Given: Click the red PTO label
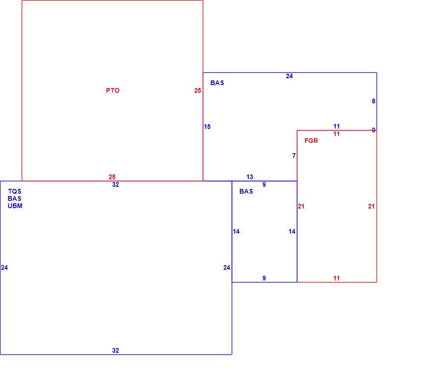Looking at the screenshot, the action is (x=113, y=91).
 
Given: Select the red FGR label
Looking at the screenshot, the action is (x=311, y=140).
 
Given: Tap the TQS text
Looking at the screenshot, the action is (x=14, y=191).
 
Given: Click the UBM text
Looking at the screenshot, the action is (x=15, y=206).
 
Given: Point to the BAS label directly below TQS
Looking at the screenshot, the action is (x=14, y=199).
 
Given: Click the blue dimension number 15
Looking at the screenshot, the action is (x=207, y=127).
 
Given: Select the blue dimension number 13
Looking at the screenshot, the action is (x=250, y=177).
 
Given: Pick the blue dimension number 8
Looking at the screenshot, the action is (x=374, y=101).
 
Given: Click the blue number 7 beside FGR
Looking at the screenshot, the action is (x=294, y=156).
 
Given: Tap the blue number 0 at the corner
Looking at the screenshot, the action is (x=374, y=130).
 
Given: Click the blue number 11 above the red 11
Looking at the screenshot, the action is (x=336, y=126).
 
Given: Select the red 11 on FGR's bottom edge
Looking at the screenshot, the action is (x=336, y=278).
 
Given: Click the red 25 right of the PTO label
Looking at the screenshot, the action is (x=198, y=91).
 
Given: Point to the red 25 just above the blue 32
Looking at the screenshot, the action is (x=112, y=177).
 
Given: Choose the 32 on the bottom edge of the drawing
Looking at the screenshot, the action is (x=115, y=351).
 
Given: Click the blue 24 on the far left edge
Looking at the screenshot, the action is (x=5, y=268).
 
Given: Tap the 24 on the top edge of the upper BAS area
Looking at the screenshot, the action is (x=289, y=76).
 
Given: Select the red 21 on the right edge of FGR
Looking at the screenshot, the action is (x=371, y=206).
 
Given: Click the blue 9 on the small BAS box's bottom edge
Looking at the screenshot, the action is (x=264, y=278).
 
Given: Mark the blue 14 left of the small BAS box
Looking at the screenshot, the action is (x=236, y=231).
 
